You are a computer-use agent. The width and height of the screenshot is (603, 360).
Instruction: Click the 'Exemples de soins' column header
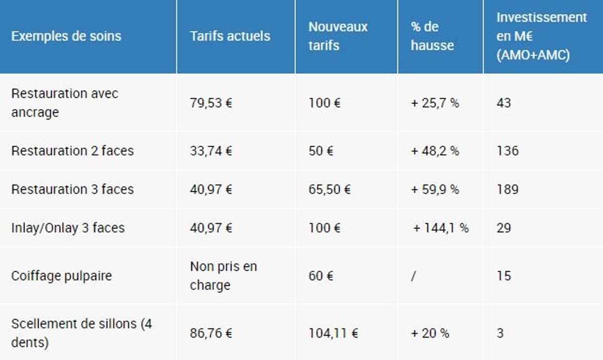(66, 36)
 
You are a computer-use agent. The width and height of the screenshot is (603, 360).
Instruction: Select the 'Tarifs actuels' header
(230, 36)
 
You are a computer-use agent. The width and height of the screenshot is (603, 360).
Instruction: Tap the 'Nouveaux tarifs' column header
(338, 36)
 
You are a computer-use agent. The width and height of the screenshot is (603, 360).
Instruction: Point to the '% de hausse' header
(432, 36)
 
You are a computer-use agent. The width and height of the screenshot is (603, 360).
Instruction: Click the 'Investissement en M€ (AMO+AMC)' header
(541, 36)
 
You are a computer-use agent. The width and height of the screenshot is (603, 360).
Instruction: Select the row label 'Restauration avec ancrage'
(64, 103)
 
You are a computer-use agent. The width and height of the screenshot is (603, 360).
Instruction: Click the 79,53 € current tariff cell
(211, 103)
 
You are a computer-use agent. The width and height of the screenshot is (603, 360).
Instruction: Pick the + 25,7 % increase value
(435, 103)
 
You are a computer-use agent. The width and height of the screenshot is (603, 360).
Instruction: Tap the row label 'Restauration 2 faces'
(72, 151)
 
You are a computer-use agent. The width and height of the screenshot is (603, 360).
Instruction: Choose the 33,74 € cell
(211, 151)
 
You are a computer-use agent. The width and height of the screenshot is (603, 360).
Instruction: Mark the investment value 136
(507, 151)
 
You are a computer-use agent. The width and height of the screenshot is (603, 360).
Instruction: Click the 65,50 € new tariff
(329, 189)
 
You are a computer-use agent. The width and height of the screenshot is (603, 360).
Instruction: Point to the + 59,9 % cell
(435, 189)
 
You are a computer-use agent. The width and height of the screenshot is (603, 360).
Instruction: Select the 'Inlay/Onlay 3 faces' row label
(67, 228)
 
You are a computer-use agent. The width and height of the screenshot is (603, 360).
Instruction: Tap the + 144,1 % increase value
(440, 228)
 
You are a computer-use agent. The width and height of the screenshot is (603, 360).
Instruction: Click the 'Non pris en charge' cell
(223, 276)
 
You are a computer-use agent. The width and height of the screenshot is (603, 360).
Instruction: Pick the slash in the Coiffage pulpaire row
(413, 276)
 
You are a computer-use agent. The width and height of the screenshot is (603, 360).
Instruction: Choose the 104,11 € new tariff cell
(333, 333)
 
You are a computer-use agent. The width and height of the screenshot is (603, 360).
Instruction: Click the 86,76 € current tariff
(211, 333)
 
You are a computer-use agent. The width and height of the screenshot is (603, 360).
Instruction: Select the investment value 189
(507, 189)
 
